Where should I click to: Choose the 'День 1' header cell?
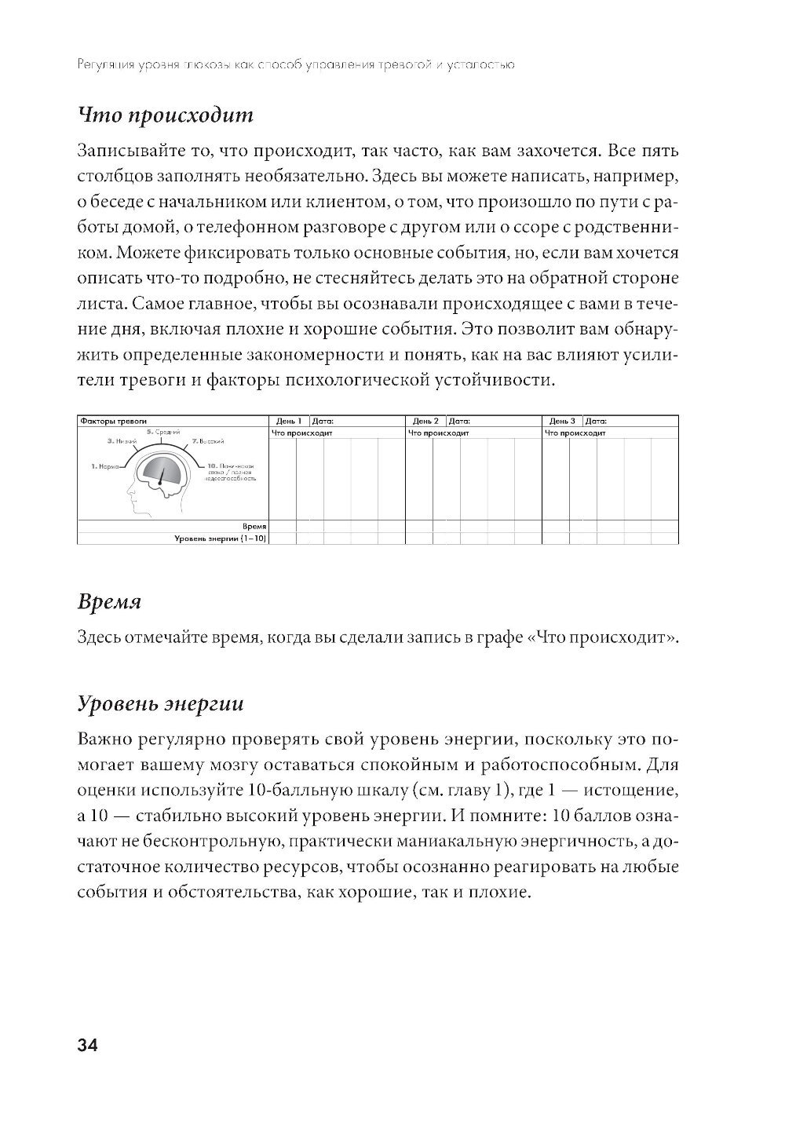point(289,422)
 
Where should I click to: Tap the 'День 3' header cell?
point(562,422)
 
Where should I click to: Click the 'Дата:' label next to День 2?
point(459,422)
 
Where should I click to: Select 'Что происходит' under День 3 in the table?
point(575,433)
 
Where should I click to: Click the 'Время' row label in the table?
point(255,526)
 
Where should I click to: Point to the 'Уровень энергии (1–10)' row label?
point(220,538)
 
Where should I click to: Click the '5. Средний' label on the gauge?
point(162,432)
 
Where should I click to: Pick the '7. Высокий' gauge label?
point(209,442)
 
